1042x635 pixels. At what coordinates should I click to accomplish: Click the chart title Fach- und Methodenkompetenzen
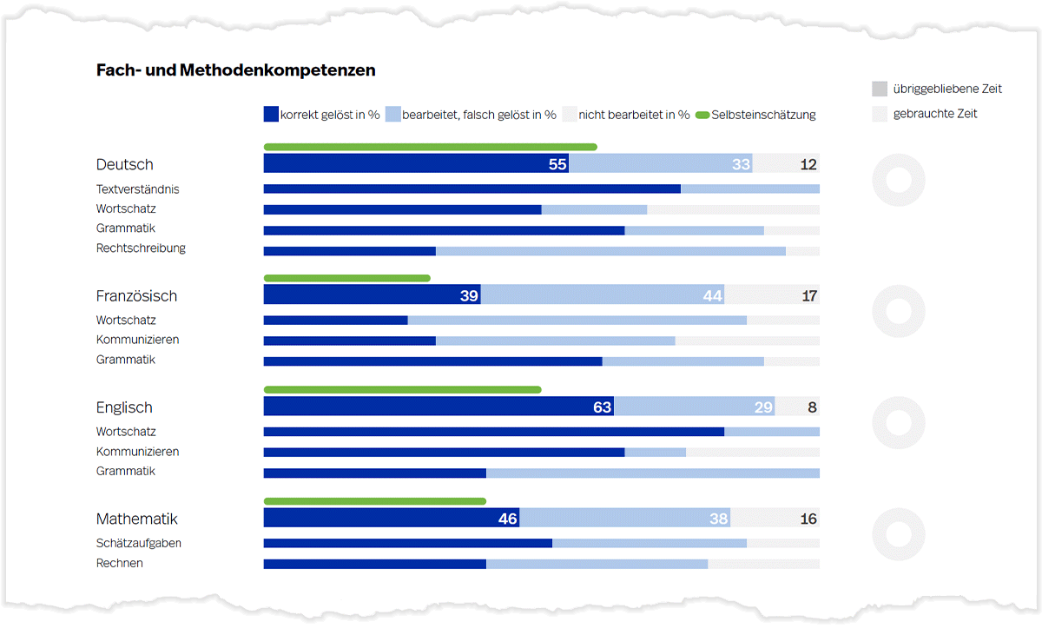coord(235,70)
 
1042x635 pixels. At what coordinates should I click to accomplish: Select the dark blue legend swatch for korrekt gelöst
coord(271,114)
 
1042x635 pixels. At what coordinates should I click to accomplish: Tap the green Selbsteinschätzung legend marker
coord(702,115)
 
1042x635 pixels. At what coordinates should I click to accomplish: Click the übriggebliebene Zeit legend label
coord(947,89)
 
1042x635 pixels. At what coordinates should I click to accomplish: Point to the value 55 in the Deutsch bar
coord(557,164)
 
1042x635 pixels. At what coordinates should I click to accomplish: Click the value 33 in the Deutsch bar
coord(740,164)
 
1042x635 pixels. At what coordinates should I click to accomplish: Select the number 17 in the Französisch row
coord(809,295)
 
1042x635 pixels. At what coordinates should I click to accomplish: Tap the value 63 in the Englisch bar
coord(602,407)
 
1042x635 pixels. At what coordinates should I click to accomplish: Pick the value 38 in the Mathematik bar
coord(718,519)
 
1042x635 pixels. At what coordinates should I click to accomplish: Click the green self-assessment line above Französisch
coord(346,278)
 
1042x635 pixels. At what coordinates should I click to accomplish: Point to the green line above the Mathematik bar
coord(374,501)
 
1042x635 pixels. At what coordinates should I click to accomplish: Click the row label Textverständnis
coord(137,189)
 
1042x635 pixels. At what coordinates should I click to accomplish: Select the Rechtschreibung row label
coord(141,248)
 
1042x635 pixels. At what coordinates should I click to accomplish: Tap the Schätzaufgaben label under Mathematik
coord(138,544)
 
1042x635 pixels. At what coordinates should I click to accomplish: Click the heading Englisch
coord(124,407)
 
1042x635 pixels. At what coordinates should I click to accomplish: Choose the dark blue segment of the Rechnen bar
coord(374,564)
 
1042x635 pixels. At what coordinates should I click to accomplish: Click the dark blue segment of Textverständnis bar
coord(472,189)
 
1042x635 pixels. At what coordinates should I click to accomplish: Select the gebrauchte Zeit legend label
coord(935,114)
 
